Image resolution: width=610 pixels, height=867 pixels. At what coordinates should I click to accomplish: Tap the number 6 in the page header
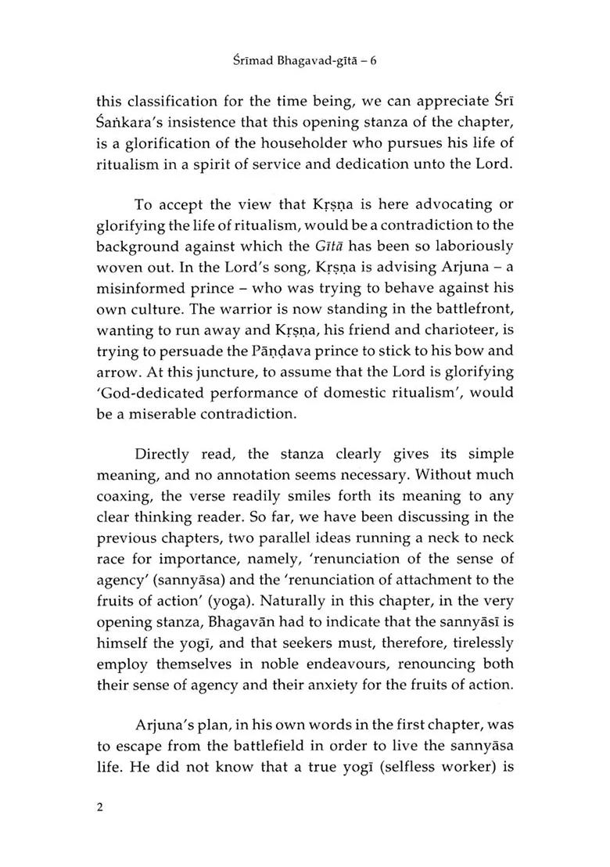pos(395,59)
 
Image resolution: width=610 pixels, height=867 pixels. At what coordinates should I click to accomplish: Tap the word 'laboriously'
pos(471,246)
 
